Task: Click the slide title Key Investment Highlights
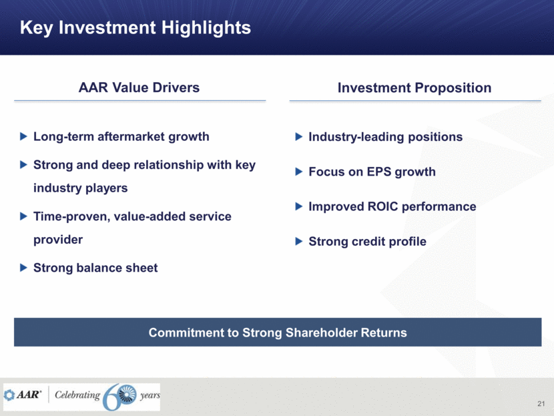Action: pyautogui.click(x=135, y=28)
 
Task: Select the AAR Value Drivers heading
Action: pyautogui.click(x=139, y=87)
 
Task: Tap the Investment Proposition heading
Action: pyautogui.click(x=414, y=87)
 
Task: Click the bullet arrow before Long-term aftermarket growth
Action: pyautogui.click(x=23, y=136)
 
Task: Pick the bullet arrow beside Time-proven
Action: pyautogui.click(x=23, y=216)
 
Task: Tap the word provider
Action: pyautogui.click(x=58, y=240)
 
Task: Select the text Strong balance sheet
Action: pyautogui.click(x=95, y=268)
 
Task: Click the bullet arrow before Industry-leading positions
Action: pyautogui.click(x=299, y=136)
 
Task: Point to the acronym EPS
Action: pyautogui.click(x=379, y=172)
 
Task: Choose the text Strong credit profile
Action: pyautogui.click(x=368, y=242)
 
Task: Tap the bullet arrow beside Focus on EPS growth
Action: pyautogui.click(x=299, y=172)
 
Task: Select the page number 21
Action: pyautogui.click(x=541, y=403)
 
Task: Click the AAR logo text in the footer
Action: pyautogui.click(x=28, y=395)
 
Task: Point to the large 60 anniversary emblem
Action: pyautogui.click(x=119, y=397)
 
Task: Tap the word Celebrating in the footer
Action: pyautogui.click(x=77, y=395)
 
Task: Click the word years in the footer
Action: pyautogui.click(x=150, y=395)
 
